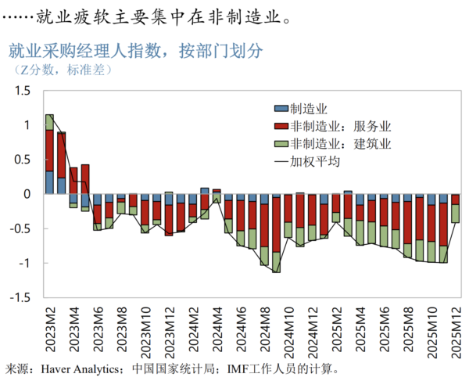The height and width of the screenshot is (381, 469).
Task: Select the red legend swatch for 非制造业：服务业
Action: [280, 126]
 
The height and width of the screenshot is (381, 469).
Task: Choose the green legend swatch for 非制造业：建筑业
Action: [280, 143]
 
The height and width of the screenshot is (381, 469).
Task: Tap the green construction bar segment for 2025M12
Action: [455, 214]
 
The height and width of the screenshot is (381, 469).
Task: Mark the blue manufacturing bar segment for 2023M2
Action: [49, 182]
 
